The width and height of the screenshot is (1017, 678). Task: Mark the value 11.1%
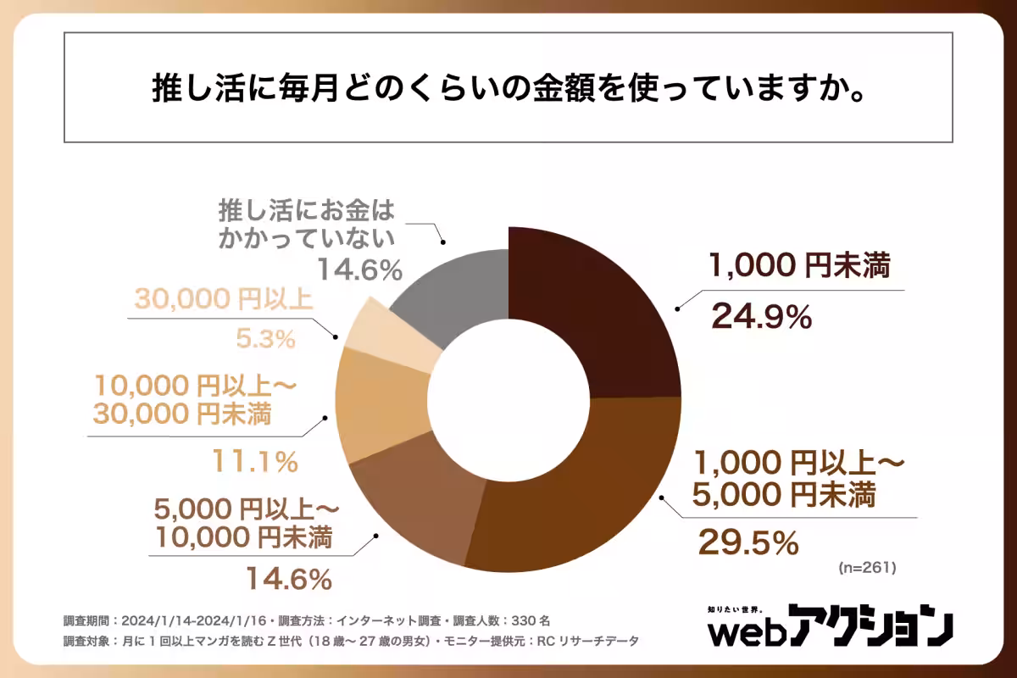click(x=254, y=462)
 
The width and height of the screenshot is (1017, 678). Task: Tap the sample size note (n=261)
click(x=866, y=565)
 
